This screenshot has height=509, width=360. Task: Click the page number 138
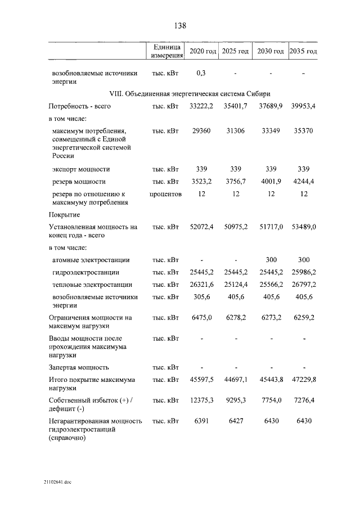[x=180, y=26]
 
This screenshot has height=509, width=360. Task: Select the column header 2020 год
[x=202, y=52]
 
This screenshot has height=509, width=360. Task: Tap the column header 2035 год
[x=304, y=52]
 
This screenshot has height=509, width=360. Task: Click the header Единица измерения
[x=165, y=51]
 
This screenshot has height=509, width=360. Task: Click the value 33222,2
[x=202, y=106]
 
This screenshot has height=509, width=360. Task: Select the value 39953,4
[x=304, y=106]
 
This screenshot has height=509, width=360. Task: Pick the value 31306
[x=236, y=130]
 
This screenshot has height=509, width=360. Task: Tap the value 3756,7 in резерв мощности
[x=236, y=182]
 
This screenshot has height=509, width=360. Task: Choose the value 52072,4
[x=202, y=227]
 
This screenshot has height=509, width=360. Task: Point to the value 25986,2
[x=304, y=272]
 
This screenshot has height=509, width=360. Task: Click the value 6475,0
[x=202, y=318]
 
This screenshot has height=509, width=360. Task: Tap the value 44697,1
[x=236, y=380]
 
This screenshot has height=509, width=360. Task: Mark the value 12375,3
[x=202, y=400]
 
